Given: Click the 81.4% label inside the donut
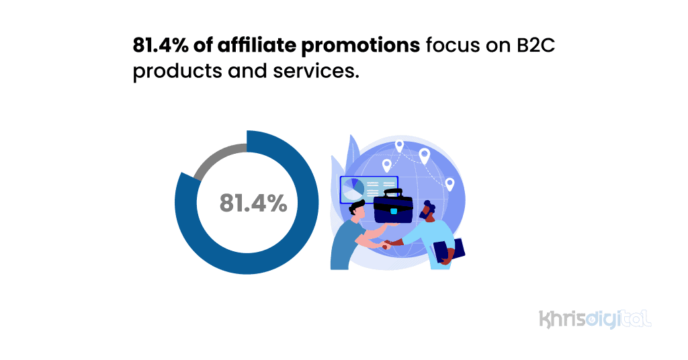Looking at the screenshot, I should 253,203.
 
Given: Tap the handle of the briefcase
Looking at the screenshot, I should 392,191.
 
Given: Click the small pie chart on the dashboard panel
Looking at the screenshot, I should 353,189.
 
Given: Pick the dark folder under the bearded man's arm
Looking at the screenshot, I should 448,251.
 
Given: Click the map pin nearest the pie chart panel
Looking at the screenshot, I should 387,165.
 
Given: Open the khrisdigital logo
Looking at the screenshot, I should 595,318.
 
